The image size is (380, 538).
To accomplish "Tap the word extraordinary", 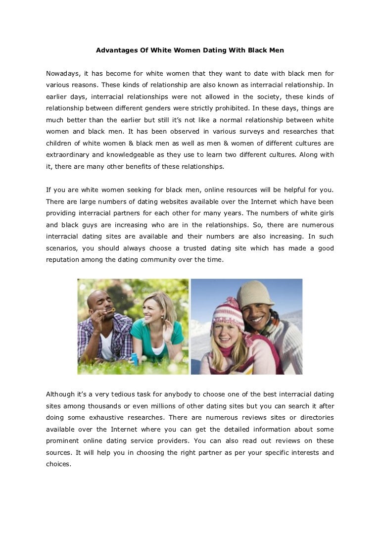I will click(x=67, y=155).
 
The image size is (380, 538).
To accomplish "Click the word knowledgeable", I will click(x=131, y=155).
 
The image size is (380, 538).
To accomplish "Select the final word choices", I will click(x=59, y=464).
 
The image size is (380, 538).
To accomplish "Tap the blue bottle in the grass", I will click(x=134, y=358).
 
